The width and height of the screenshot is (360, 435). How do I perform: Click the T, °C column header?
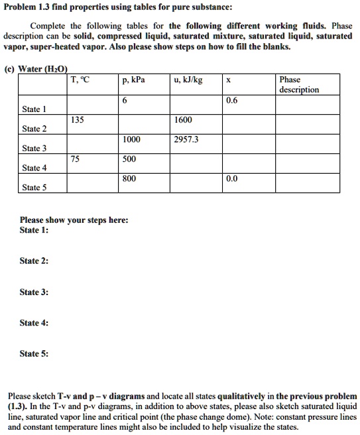pyautogui.click(x=81, y=80)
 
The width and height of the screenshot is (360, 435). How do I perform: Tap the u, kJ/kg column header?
pyautogui.click(x=188, y=80)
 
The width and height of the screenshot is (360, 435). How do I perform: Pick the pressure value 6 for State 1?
pyautogui.click(x=125, y=101)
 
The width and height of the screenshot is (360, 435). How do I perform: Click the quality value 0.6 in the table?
pyautogui.click(x=231, y=101)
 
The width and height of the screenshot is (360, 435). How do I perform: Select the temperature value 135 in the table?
pyautogui.click(x=78, y=120)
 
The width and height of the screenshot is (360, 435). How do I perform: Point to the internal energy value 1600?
pyautogui.click(x=183, y=120)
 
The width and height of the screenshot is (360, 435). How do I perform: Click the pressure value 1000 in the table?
pyautogui.click(x=131, y=140)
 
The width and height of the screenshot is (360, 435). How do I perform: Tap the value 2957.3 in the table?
pyautogui.click(x=186, y=140)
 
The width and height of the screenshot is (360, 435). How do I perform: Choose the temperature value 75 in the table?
pyautogui.click(x=76, y=159)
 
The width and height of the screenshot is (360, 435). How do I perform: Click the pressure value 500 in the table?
pyautogui.click(x=129, y=159)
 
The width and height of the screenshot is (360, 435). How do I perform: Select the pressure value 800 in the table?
pyautogui.click(x=129, y=178)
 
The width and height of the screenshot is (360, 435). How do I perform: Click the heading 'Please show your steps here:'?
pyautogui.click(x=65, y=220)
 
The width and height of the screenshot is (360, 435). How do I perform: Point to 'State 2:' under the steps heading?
pyautogui.click(x=33, y=261)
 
